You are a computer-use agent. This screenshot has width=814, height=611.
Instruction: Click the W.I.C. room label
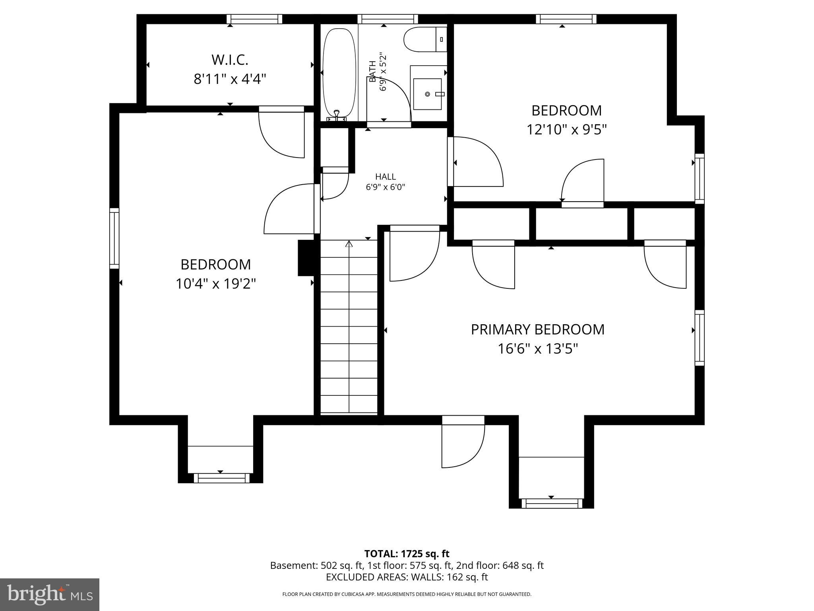230,60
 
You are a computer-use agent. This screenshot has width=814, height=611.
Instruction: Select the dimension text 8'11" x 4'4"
230,79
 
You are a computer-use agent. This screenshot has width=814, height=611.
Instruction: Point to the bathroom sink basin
427,94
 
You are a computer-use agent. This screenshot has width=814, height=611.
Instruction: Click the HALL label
386,177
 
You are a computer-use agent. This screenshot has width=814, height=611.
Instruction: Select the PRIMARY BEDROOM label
537,329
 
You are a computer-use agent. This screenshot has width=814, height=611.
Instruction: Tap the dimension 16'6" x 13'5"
537,349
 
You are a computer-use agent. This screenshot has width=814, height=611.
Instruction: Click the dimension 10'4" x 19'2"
215,284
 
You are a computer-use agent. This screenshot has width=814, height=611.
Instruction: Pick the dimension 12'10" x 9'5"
566,129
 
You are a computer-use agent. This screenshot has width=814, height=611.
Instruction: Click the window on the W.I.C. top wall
254,19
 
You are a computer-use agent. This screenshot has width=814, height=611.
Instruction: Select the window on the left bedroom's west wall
114,238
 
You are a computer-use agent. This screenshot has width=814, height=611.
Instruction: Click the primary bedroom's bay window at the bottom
551,503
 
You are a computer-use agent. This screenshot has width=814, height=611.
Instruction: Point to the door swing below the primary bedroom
463,446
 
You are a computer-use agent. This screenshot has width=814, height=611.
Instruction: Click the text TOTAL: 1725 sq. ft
407,554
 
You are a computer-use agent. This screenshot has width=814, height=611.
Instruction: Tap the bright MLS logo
50,594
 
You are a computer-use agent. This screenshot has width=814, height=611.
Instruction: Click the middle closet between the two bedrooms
581,224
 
